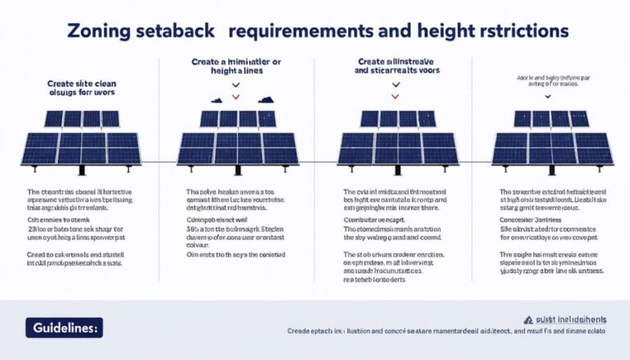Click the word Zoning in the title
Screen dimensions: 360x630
[x=96, y=30]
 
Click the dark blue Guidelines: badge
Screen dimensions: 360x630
[x=61, y=327]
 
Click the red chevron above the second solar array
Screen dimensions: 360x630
[x=236, y=98]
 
